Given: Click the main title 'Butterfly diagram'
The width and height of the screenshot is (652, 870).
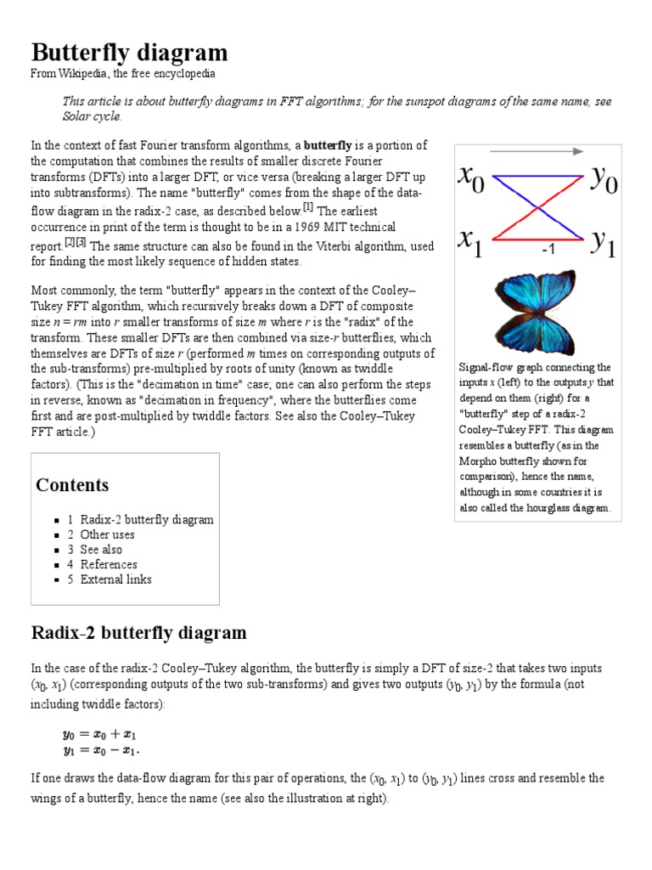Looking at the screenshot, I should point(129,53).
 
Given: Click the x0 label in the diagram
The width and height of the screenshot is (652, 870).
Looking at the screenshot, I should point(472,179).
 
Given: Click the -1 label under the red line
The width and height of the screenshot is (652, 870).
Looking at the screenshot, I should point(548,251).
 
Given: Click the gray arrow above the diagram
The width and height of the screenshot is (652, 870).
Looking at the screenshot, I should point(536,151).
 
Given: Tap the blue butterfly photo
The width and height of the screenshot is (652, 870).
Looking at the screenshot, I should point(536,313).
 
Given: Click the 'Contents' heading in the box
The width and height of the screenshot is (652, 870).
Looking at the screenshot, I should point(72,485).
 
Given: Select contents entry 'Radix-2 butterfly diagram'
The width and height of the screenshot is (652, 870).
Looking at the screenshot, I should point(146,520).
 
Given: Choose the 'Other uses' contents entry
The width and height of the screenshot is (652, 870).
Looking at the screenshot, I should point(107,534).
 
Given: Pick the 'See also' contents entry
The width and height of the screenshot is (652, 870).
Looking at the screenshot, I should point(101,550).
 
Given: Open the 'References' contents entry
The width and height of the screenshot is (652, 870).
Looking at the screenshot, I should point(108,564).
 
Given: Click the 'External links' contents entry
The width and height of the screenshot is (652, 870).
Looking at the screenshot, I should point(115,579).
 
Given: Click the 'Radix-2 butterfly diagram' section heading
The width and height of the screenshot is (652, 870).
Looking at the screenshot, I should point(138,633).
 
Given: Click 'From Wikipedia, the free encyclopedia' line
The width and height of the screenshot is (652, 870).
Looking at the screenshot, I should point(123,74).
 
